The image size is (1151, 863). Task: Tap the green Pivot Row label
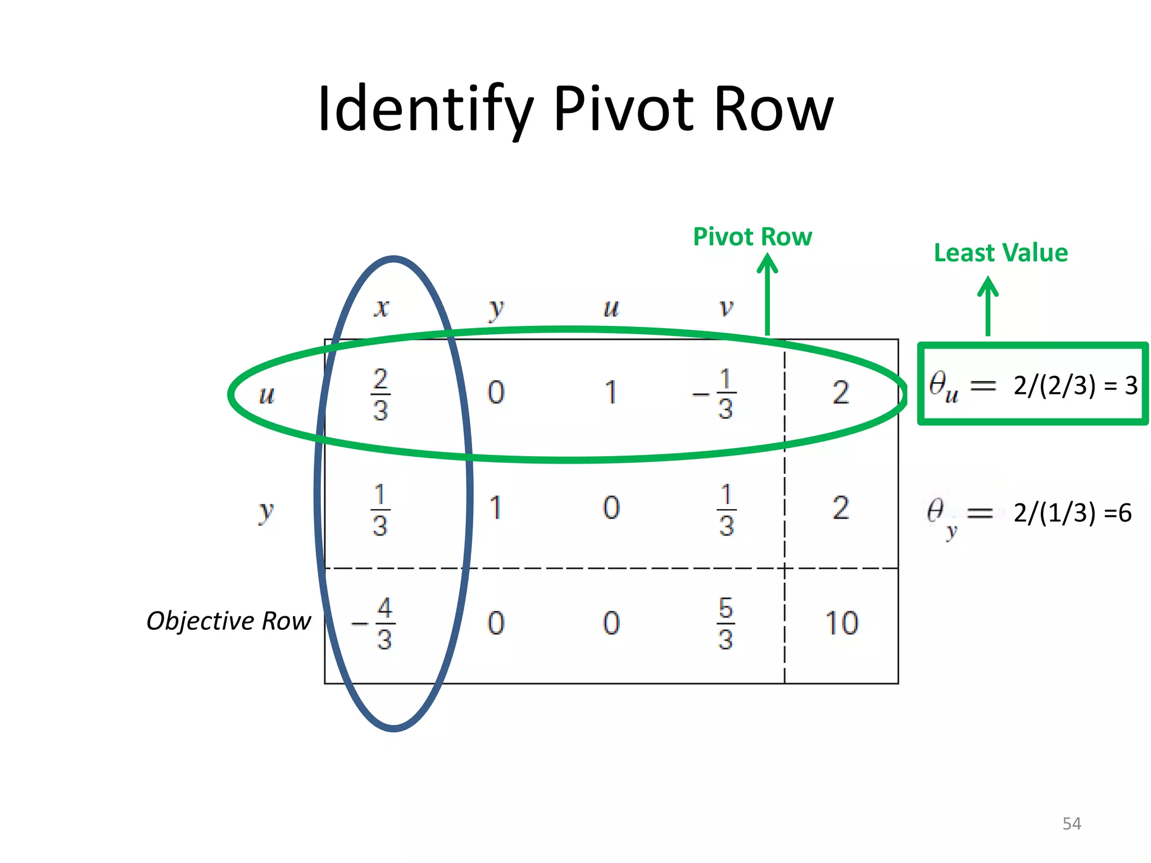[752, 237]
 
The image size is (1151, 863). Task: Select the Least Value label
[1000, 253]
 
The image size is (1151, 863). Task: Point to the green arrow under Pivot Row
[767, 295]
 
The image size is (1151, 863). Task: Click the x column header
[382, 308]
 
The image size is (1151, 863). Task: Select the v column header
[726, 308]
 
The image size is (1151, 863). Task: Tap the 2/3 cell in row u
[380, 394]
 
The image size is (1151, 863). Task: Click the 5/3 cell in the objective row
[726, 623]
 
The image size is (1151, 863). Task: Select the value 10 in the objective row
[841, 623]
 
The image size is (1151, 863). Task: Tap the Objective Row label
[228, 621]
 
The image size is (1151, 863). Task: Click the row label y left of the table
[265, 511]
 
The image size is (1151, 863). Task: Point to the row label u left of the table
[266, 395]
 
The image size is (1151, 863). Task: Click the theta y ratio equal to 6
[1028, 513]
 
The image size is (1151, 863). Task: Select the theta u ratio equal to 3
[1032, 385]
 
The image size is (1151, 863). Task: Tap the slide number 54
[1071, 824]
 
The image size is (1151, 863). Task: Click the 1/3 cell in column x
[380, 510]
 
